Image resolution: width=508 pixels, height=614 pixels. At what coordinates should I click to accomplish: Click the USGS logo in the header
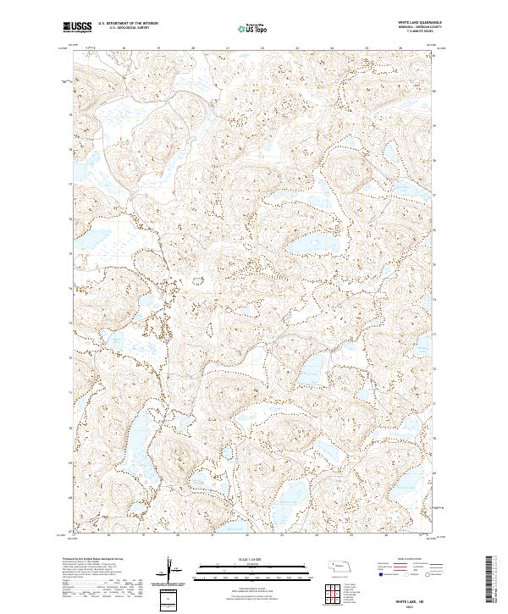(78, 27)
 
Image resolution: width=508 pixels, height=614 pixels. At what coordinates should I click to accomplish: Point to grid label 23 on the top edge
(262, 49)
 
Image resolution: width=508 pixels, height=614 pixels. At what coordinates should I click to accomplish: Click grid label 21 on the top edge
(228, 49)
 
